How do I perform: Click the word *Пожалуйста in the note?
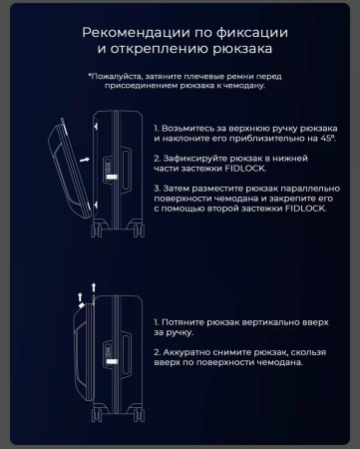(112, 75)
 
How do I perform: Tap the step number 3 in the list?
(157, 188)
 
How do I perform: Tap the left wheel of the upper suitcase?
(96, 231)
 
